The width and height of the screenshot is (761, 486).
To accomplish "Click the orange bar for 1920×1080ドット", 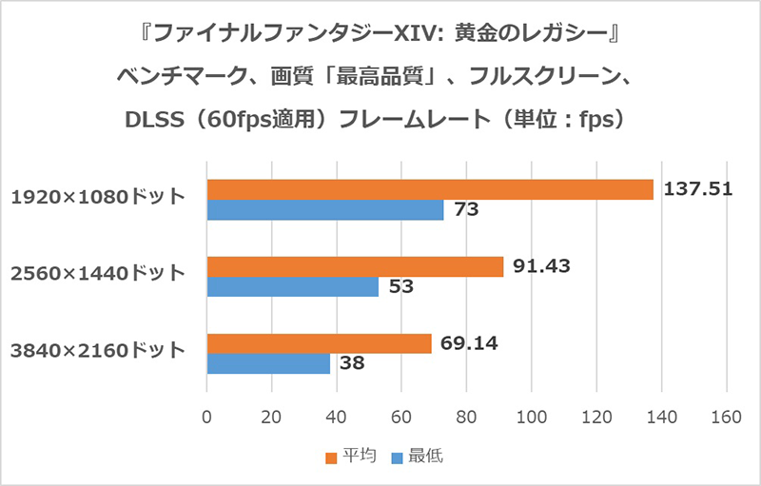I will (430, 189).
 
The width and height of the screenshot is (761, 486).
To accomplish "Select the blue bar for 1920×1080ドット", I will (325, 210).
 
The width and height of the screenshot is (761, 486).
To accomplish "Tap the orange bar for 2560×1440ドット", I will (355, 267).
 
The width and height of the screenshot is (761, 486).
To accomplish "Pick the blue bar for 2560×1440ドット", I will (293, 287).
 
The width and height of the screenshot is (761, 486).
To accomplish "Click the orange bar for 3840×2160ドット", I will (319, 344).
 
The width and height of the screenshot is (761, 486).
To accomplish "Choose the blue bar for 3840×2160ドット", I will (268, 364).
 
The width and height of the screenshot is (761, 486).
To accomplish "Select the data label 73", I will (465, 210).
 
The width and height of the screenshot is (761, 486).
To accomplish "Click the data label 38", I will (351, 364).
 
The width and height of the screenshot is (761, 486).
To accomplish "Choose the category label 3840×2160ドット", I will (98, 351).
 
